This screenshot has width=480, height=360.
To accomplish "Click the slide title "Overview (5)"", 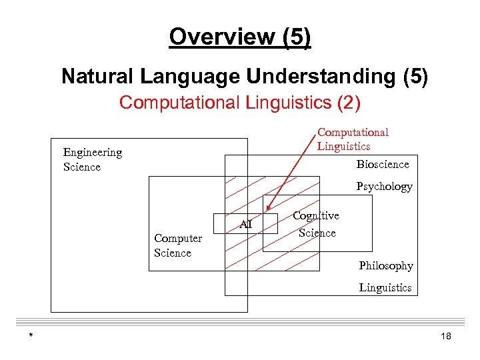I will pos(240,37).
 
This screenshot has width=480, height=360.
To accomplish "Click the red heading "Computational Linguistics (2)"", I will pos(240,103).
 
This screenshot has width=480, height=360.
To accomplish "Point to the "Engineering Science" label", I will pos(93,159).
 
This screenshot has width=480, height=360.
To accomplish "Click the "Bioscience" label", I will pos(383,164).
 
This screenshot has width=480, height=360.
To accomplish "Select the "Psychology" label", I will pos(384,187).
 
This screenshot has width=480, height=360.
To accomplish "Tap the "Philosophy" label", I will pos(386,266).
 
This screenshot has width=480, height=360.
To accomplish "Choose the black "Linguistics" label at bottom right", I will pos(385,288).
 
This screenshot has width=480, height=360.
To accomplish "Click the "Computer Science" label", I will pos(177,245).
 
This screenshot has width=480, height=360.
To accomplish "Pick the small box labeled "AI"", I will pos(245,224).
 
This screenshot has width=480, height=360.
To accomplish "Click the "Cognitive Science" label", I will pos(317,224).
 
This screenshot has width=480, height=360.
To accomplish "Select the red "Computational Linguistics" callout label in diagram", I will pos(353,139).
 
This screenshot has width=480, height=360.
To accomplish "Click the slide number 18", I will pos(446,337).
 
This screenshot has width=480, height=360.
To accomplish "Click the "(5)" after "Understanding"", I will pos(415,77).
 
